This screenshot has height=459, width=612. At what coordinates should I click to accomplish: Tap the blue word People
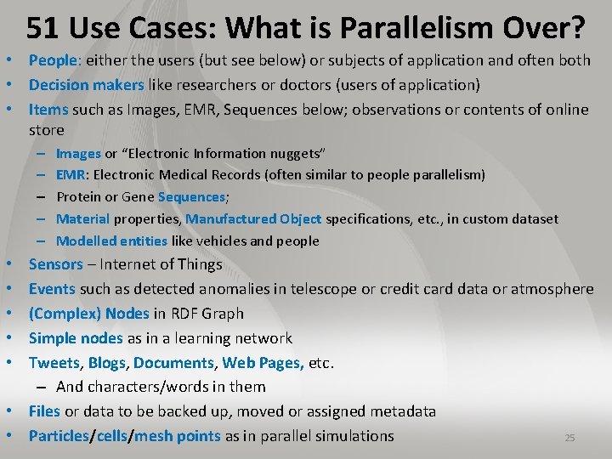point(53,60)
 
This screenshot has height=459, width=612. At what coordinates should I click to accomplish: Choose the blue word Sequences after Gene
point(192,196)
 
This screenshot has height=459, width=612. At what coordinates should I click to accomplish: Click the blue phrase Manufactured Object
point(253,218)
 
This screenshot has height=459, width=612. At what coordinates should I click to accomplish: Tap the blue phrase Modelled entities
point(111,241)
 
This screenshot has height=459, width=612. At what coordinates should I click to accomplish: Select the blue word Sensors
point(56,264)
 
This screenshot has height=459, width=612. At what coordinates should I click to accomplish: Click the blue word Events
point(52,289)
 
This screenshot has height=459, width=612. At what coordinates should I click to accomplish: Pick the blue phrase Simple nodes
point(76,338)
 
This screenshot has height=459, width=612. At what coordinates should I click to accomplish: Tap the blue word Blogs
point(108,363)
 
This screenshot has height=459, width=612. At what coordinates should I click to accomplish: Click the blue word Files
point(44,411)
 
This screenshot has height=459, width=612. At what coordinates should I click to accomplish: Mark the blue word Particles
point(59,436)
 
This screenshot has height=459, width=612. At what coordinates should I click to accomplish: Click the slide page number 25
point(569,438)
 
